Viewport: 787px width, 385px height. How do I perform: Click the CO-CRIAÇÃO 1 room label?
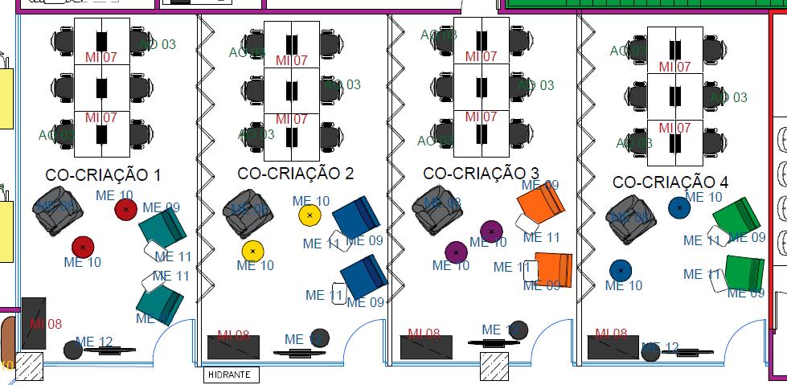(x=103, y=174)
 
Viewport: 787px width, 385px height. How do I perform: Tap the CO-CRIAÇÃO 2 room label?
(x=295, y=173)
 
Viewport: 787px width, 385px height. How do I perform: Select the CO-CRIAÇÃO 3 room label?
(x=481, y=173)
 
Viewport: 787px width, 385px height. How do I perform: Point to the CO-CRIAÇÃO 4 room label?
(x=670, y=182)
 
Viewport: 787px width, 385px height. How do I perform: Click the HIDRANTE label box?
(x=229, y=375)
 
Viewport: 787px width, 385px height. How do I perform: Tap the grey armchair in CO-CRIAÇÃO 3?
(x=437, y=209)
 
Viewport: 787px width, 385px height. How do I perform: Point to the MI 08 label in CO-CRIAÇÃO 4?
(x=612, y=334)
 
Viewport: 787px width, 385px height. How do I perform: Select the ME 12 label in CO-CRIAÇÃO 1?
(x=94, y=342)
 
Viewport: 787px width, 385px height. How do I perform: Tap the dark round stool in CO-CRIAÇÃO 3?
(x=519, y=330)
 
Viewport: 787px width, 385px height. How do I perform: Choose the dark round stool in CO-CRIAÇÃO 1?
(x=73, y=350)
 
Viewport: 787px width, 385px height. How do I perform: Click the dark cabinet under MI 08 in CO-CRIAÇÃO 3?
(x=431, y=347)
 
